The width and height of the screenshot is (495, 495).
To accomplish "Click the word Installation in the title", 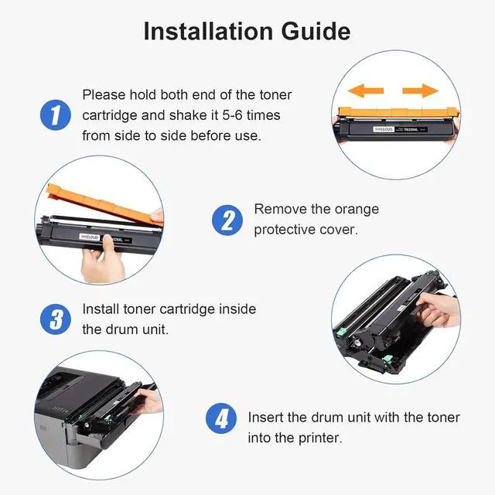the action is (208, 31).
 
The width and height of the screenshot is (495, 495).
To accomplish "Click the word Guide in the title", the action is (316, 31).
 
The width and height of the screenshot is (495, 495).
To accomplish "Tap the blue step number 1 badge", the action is (56, 115).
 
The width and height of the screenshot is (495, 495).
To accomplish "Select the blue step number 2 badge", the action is (227, 220).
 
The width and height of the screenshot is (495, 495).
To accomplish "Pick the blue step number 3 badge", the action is (56, 319).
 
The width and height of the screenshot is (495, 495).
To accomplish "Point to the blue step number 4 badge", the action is (221, 418).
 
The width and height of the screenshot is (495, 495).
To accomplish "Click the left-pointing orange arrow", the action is (366, 91).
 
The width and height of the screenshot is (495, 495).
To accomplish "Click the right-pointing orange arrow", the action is (421, 91).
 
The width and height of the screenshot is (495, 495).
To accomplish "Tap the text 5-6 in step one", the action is (233, 115).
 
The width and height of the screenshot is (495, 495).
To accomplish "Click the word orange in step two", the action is (357, 210).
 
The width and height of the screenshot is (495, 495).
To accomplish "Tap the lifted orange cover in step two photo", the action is (104, 204).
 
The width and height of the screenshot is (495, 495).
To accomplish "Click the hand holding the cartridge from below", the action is (101, 260).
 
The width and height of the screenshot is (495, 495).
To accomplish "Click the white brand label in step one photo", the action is (384, 129).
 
